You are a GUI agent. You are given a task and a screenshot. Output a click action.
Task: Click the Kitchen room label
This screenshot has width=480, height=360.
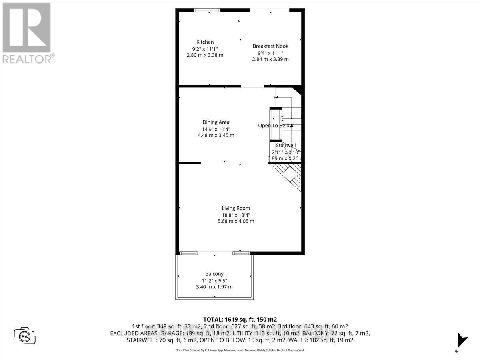[205, 42]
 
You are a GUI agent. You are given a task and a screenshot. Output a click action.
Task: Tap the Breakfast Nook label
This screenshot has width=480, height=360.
[270, 46]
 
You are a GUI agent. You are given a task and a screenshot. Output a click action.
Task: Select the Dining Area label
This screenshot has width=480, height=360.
[216, 122]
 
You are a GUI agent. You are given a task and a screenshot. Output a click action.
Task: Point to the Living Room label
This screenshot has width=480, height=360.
[236, 208]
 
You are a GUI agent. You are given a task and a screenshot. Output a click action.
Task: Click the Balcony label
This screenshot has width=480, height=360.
[214, 274]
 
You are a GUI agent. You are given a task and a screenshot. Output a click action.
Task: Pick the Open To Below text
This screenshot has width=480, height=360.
[275, 126]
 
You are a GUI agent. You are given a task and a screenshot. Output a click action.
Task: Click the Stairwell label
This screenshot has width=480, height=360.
[286, 146]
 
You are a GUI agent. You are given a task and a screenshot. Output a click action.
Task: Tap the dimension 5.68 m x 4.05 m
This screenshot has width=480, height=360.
[236, 221]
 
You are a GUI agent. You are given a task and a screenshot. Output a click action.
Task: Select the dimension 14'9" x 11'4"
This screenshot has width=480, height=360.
[216, 129]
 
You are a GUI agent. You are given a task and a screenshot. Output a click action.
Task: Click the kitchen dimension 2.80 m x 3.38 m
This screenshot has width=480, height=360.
[205, 55]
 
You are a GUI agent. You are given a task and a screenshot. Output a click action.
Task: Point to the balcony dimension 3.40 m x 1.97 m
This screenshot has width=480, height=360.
[214, 287]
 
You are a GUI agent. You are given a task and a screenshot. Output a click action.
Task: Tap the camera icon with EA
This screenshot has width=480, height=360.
[25, 335]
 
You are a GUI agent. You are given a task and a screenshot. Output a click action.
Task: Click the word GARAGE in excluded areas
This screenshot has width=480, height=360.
[170, 333]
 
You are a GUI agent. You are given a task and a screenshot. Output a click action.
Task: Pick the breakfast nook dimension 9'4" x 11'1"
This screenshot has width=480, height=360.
[270, 52]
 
